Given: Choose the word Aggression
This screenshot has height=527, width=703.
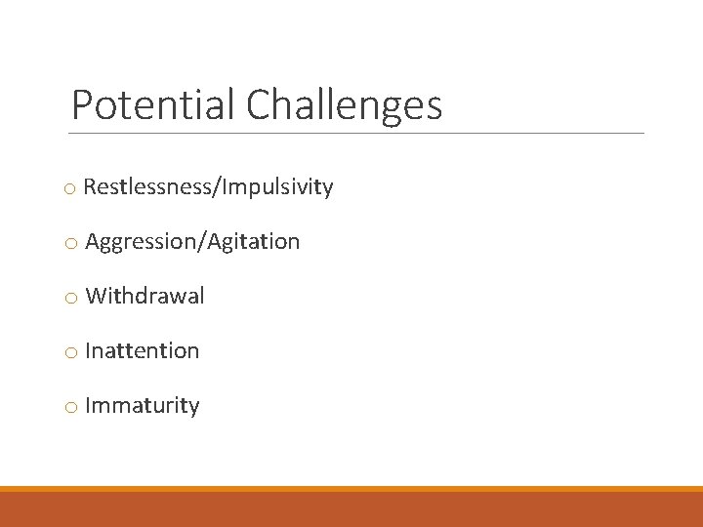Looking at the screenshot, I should click(x=140, y=242).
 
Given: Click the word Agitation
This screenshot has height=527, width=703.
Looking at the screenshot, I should click(x=252, y=242).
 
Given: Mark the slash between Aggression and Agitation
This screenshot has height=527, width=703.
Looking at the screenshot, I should click(x=199, y=242).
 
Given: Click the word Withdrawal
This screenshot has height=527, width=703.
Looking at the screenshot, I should click(x=145, y=296).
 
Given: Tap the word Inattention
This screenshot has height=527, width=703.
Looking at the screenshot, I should click(x=142, y=350).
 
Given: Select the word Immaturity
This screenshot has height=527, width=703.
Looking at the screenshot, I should click(x=142, y=405).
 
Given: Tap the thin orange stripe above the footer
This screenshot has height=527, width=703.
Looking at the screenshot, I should click(x=351, y=489).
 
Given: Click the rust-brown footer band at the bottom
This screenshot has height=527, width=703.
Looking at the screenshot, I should click(x=351, y=509).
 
